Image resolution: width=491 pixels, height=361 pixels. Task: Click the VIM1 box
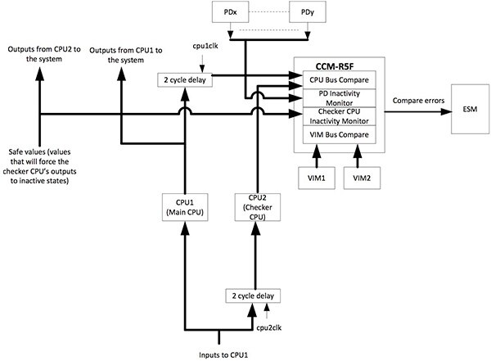click(315, 178)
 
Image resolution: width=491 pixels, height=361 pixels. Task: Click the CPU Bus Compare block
click(337, 80)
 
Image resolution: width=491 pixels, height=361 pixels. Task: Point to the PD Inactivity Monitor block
click(337, 98)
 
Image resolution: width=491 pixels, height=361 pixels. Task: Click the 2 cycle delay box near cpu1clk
click(186, 80)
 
